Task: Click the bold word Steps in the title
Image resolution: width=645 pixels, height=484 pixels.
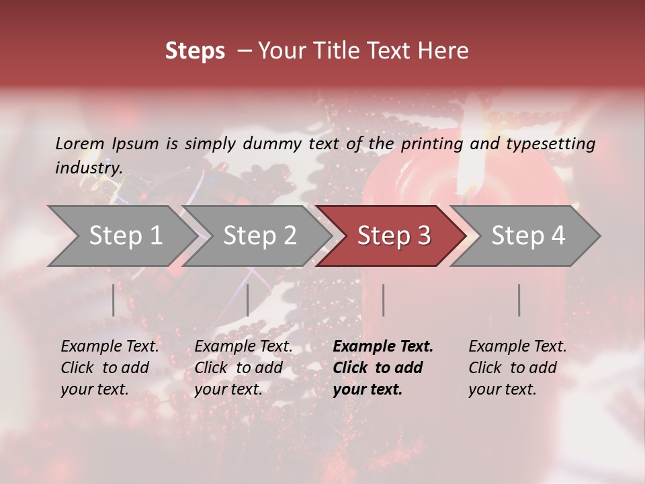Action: tap(195, 51)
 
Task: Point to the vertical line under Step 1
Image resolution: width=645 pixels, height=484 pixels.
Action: tap(114, 300)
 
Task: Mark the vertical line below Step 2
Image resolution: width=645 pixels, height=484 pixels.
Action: tap(248, 300)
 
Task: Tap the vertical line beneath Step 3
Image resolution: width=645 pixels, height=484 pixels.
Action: tap(384, 300)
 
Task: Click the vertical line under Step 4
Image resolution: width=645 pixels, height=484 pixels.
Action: tap(519, 300)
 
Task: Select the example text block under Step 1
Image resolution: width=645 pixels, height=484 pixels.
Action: tap(110, 368)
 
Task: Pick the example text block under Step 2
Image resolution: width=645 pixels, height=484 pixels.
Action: tap(243, 368)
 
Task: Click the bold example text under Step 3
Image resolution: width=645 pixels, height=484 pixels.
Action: tap(383, 368)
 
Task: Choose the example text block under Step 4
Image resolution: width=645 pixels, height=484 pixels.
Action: tap(517, 368)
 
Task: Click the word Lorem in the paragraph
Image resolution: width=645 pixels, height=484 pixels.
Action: tap(79, 143)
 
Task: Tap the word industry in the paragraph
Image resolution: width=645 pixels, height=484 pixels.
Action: tap(88, 168)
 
